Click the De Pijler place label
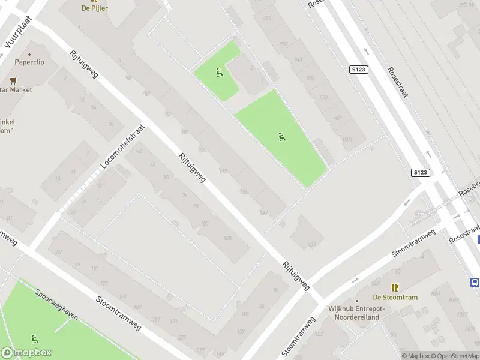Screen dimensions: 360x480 point(95,8)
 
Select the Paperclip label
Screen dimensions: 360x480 point(30,62)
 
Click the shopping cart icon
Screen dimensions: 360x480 point(13,80)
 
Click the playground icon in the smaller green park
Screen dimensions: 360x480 point(219,73)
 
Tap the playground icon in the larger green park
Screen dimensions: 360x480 point(282,137)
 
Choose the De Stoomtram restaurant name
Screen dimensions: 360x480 point(395,297)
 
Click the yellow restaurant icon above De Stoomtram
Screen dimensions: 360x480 point(395,287)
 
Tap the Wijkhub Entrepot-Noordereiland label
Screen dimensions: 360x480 point(357,313)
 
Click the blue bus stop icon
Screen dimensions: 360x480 point(475,282)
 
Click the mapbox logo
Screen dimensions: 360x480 point(26,353)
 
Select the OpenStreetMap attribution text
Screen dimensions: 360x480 point(455,356)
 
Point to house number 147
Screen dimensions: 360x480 point(263,212)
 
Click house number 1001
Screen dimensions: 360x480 point(347,140)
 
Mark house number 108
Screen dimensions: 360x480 point(227,238)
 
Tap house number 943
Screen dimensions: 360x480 point(299,59)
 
